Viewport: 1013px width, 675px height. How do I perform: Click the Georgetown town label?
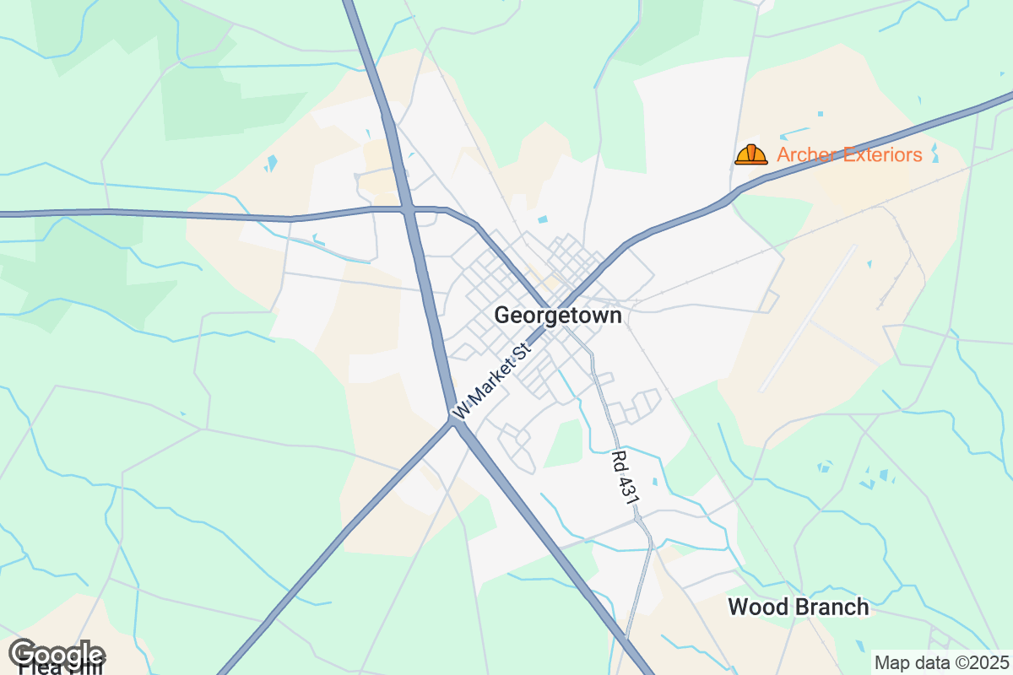pos(558,316)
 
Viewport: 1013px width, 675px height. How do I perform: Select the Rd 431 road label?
pos(624,478)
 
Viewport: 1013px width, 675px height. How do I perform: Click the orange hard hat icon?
pos(750,154)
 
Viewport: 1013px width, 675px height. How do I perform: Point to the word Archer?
pos(806,154)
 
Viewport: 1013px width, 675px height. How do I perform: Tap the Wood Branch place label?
pos(798,607)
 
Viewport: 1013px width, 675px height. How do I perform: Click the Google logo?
pos(57,654)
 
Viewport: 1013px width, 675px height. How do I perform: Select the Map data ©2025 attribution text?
pos(940,662)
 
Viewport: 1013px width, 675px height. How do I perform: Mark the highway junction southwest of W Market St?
pos(454,419)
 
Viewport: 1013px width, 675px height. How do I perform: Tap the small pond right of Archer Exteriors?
pos(934,154)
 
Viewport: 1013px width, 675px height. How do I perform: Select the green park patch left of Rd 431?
pos(563,442)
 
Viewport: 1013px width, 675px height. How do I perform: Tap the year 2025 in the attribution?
pos(990,662)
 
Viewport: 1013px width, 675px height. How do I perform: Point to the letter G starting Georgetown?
pos(502,316)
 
